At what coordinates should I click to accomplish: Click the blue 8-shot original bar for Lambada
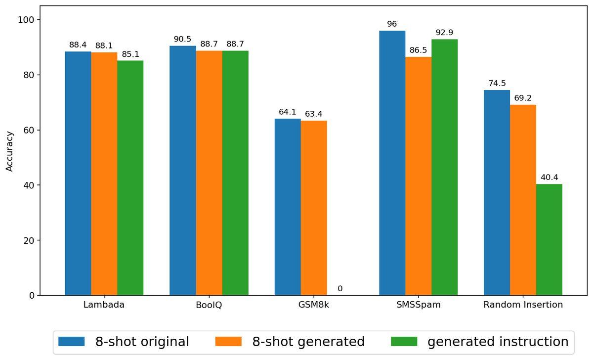coord(78,173)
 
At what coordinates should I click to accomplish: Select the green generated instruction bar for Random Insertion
coord(549,240)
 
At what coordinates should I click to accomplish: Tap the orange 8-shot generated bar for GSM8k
coord(314,208)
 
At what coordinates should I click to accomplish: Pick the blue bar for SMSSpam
coord(392,163)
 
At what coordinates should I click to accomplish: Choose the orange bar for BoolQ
coord(209,173)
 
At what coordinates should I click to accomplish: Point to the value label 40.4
coord(549,178)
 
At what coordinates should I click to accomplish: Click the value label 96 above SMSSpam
coord(392,24)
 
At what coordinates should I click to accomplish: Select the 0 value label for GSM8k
coord(340,289)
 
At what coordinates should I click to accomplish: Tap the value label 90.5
coord(182,39)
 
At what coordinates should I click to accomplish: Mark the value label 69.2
coord(523,98)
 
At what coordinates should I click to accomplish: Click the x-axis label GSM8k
coord(314,305)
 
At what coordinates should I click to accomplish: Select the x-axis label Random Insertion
coord(523,305)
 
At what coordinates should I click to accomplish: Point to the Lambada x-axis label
coord(104,305)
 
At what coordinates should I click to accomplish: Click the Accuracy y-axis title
coord(9,151)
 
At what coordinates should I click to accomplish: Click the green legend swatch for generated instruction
coord(404,342)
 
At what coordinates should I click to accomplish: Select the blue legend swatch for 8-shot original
coord(72,342)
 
